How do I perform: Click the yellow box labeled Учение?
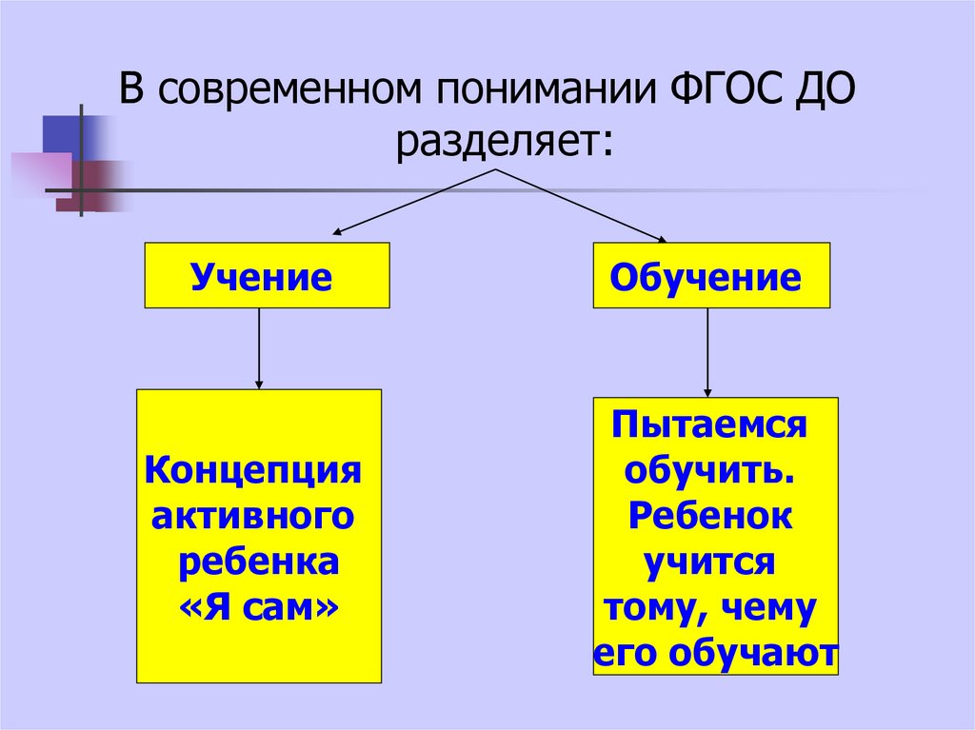pyautogui.click(x=267, y=276)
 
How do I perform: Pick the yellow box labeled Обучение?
pyautogui.click(x=711, y=276)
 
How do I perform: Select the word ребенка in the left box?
pyautogui.click(x=259, y=561)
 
